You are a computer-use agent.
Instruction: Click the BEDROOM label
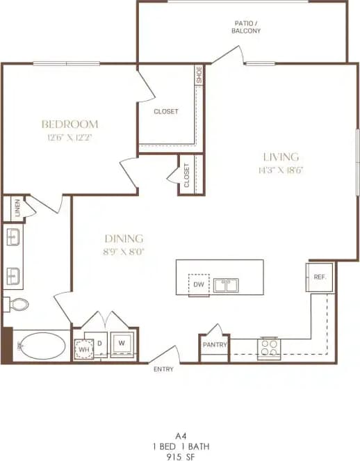click(69, 124)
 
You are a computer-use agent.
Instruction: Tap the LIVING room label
click(280, 156)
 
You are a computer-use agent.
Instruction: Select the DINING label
click(125, 238)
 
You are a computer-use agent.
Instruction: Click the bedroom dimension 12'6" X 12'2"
click(69, 137)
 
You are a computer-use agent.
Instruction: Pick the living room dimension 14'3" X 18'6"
click(280, 169)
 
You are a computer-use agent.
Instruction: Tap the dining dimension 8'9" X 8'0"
click(125, 250)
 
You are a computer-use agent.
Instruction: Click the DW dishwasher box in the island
click(198, 284)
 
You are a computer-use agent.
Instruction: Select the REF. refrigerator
click(320, 277)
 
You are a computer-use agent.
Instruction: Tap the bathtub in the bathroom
click(40, 346)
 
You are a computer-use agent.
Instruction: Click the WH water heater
click(84, 347)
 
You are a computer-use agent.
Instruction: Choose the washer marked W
click(122, 343)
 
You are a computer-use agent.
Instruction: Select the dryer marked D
click(100, 343)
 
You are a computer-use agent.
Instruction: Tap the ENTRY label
click(163, 369)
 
